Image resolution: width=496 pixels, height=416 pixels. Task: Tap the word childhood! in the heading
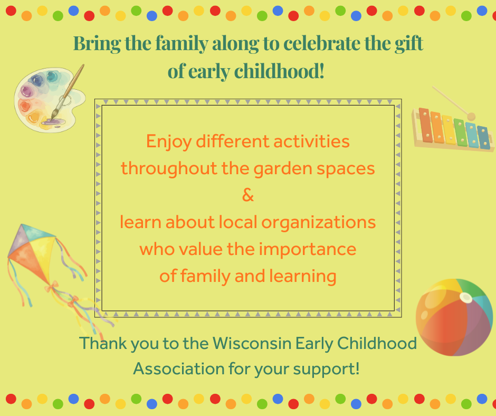tap(279, 71)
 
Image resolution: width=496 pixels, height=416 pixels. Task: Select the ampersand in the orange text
tap(248, 195)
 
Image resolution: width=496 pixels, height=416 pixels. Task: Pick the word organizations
tap(319, 223)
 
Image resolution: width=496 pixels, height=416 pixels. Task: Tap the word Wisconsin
tap(252, 343)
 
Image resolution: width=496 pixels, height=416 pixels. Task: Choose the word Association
tap(179, 369)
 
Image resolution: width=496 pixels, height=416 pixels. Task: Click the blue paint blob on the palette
tap(38, 80)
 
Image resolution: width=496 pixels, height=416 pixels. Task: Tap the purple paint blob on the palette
tap(27, 91)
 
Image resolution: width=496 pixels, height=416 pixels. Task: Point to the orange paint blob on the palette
tap(24, 106)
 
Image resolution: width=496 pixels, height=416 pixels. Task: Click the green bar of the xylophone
tap(460, 133)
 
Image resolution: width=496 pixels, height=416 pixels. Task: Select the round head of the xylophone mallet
tap(471, 116)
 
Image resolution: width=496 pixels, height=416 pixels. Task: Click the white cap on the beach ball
tap(465, 298)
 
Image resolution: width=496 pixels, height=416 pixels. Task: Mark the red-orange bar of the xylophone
tap(425, 125)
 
